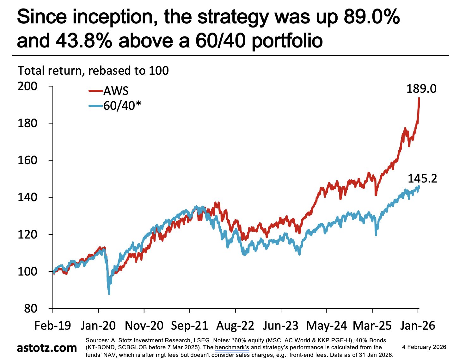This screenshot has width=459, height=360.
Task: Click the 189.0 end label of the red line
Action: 421,89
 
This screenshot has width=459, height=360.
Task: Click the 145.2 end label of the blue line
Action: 422,179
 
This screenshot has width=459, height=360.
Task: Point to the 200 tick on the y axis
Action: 28,86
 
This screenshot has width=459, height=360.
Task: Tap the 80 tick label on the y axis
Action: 31,308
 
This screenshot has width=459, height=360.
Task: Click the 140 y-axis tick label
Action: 28,197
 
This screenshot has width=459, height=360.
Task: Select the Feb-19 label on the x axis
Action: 53,326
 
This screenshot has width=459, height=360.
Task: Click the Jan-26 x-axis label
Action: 418,326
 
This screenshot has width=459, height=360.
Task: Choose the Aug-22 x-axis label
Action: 235,326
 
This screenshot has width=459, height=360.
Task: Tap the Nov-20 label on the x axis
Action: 144,326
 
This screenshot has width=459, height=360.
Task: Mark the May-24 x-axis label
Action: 327,326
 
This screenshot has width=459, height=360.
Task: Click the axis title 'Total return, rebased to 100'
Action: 93,71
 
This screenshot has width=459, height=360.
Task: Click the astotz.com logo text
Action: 46,348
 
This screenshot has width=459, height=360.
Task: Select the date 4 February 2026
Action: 424,347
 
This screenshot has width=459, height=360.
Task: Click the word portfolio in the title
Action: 287,40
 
